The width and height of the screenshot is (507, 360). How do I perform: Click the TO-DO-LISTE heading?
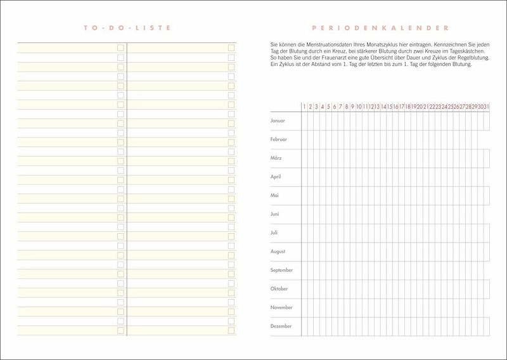127,28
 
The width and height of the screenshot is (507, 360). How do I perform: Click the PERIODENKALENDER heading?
381,28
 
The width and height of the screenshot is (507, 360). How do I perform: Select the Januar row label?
278,120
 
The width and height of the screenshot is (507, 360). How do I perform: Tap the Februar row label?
279,139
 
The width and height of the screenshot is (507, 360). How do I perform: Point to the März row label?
276,158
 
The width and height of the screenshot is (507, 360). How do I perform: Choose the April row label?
276,176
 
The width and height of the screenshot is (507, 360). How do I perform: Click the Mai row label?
274,195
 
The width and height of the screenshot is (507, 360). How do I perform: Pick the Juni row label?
275,214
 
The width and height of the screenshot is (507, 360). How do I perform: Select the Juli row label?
274,233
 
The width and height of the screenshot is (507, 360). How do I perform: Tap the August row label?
278,251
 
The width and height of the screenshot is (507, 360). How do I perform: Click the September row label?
281,270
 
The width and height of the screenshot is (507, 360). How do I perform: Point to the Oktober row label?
279,288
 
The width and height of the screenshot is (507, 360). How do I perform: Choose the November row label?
281,307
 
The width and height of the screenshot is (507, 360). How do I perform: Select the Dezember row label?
281,326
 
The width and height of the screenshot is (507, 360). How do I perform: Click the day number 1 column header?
304,106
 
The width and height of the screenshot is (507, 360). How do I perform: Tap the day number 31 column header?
486,106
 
